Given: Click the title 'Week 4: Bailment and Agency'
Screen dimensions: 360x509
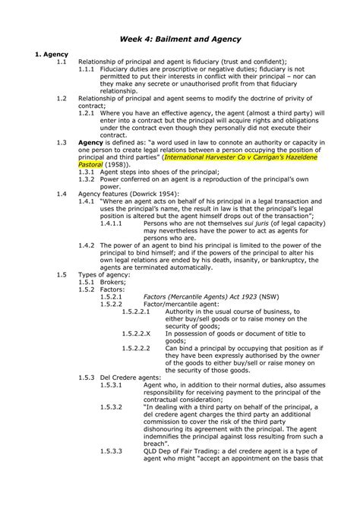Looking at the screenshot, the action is click(179, 38).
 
